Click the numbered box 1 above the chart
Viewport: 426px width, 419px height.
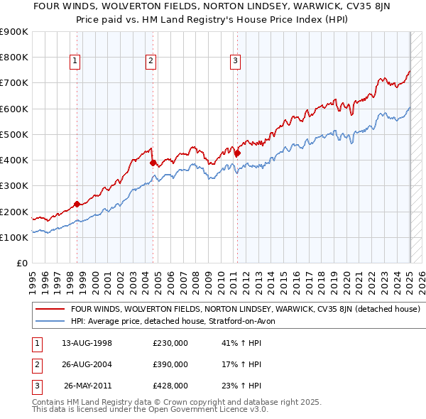point(75,62)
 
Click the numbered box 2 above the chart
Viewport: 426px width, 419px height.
point(151,62)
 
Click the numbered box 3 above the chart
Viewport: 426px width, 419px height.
point(235,62)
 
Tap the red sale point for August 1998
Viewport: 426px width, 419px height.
point(77,204)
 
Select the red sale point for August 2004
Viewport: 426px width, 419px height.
point(153,163)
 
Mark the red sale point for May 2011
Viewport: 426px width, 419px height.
point(238,153)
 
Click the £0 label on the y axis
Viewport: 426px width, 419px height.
point(22,263)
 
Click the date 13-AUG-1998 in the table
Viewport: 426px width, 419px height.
point(87,344)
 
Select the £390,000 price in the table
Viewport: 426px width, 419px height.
point(170,364)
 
